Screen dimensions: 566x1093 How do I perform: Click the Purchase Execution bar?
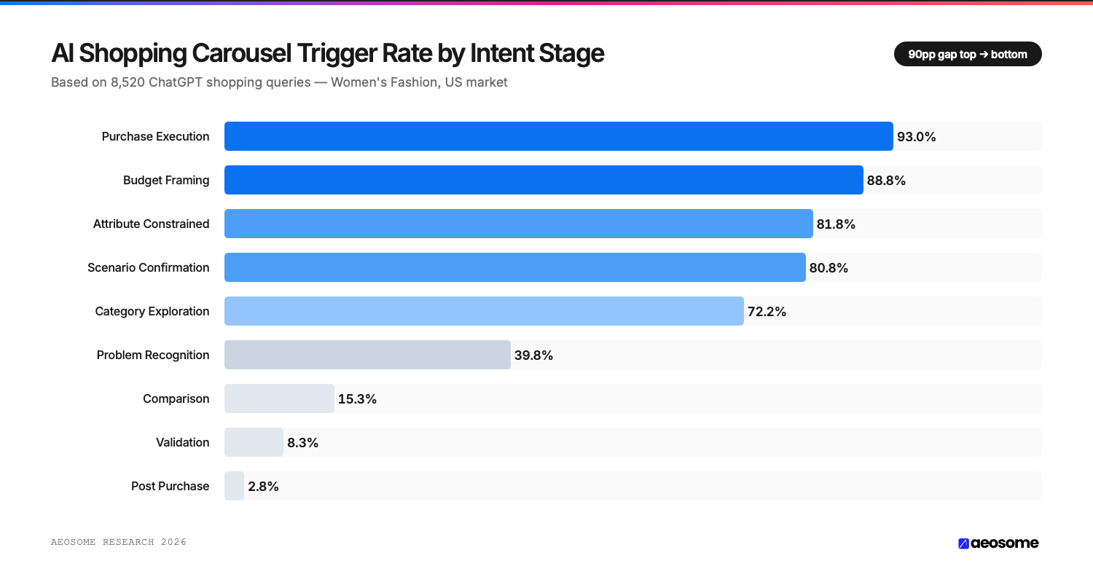tap(558, 136)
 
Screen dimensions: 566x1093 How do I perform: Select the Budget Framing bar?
tap(544, 180)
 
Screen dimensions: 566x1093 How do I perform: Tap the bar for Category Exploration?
tap(484, 311)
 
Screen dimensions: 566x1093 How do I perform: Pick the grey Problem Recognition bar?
tap(367, 355)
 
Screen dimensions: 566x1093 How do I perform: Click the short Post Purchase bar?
tap(234, 486)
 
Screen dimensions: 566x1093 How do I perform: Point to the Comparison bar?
tap(279, 398)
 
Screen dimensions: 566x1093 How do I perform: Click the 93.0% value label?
tap(916, 137)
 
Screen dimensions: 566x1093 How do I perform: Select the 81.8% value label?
tap(836, 224)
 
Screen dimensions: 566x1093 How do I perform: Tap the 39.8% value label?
tap(533, 355)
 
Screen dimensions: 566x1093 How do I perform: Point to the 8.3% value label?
tap(302, 443)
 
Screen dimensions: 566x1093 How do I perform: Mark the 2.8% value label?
tap(263, 487)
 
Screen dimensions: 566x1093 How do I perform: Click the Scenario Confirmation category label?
tap(148, 267)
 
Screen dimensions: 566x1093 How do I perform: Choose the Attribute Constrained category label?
tap(151, 224)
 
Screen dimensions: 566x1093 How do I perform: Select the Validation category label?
tap(182, 442)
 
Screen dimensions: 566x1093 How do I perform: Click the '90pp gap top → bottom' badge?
tap(967, 54)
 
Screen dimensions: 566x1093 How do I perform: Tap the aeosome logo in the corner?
tap(998, 543)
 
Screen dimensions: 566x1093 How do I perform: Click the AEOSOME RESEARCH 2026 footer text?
tap(119, 542)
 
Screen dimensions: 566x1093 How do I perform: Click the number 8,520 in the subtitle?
tap(128, 82)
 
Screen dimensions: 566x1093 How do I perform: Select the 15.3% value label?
tap(357, 399)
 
